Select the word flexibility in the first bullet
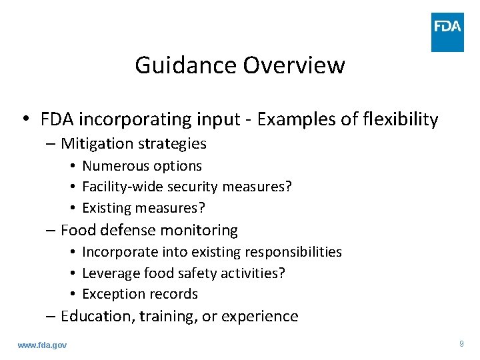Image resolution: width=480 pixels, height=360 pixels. click(399, 119)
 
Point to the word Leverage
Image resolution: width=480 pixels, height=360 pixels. click(109, 273)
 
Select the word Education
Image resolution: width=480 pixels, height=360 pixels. click(98, 316)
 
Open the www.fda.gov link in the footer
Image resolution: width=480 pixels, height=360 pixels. click(42, 345)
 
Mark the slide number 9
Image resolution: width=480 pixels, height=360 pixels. click(461, 344)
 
